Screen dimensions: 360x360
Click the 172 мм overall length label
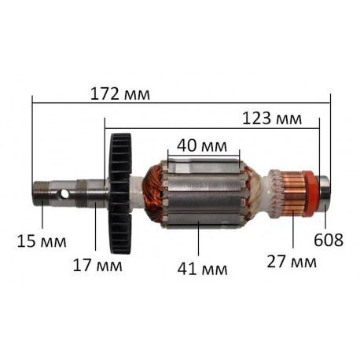[x=120, y=94]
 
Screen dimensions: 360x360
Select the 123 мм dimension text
[x=272, y=119]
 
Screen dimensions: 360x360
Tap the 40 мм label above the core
[x=202, y=146]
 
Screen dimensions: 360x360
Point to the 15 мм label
[x=42, y=241]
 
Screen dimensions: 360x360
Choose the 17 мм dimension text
[x=97, y=265]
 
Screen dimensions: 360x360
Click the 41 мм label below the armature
[x=202, y=269]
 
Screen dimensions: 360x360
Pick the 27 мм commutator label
[x=292, y=262]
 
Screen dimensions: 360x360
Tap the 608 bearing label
[x=329, y=240]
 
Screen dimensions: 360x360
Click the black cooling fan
[x=120, y=193]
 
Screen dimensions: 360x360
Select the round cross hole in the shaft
[x=64, y=194]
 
